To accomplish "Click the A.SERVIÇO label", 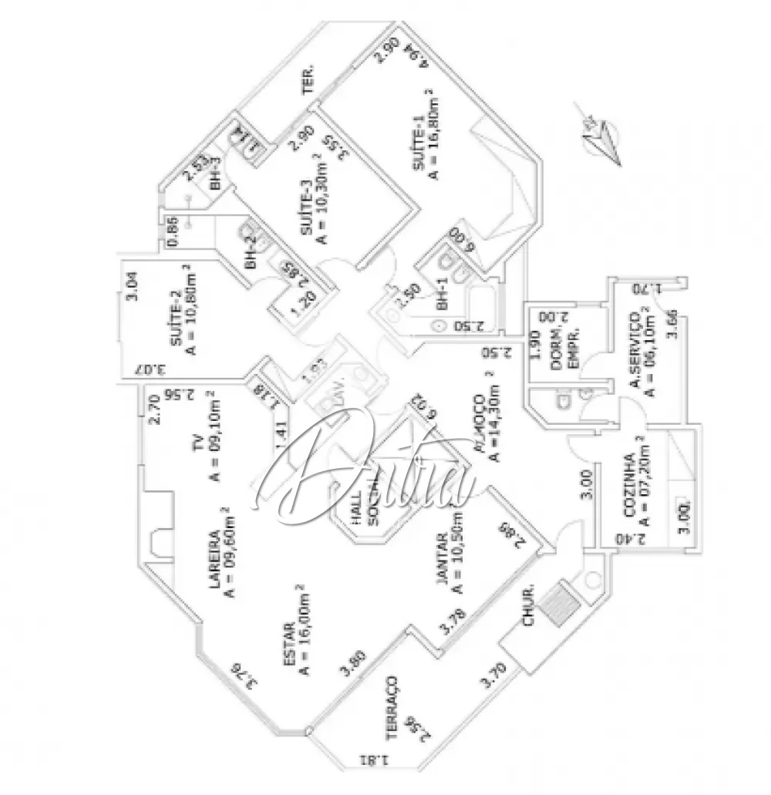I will point(635,352).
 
